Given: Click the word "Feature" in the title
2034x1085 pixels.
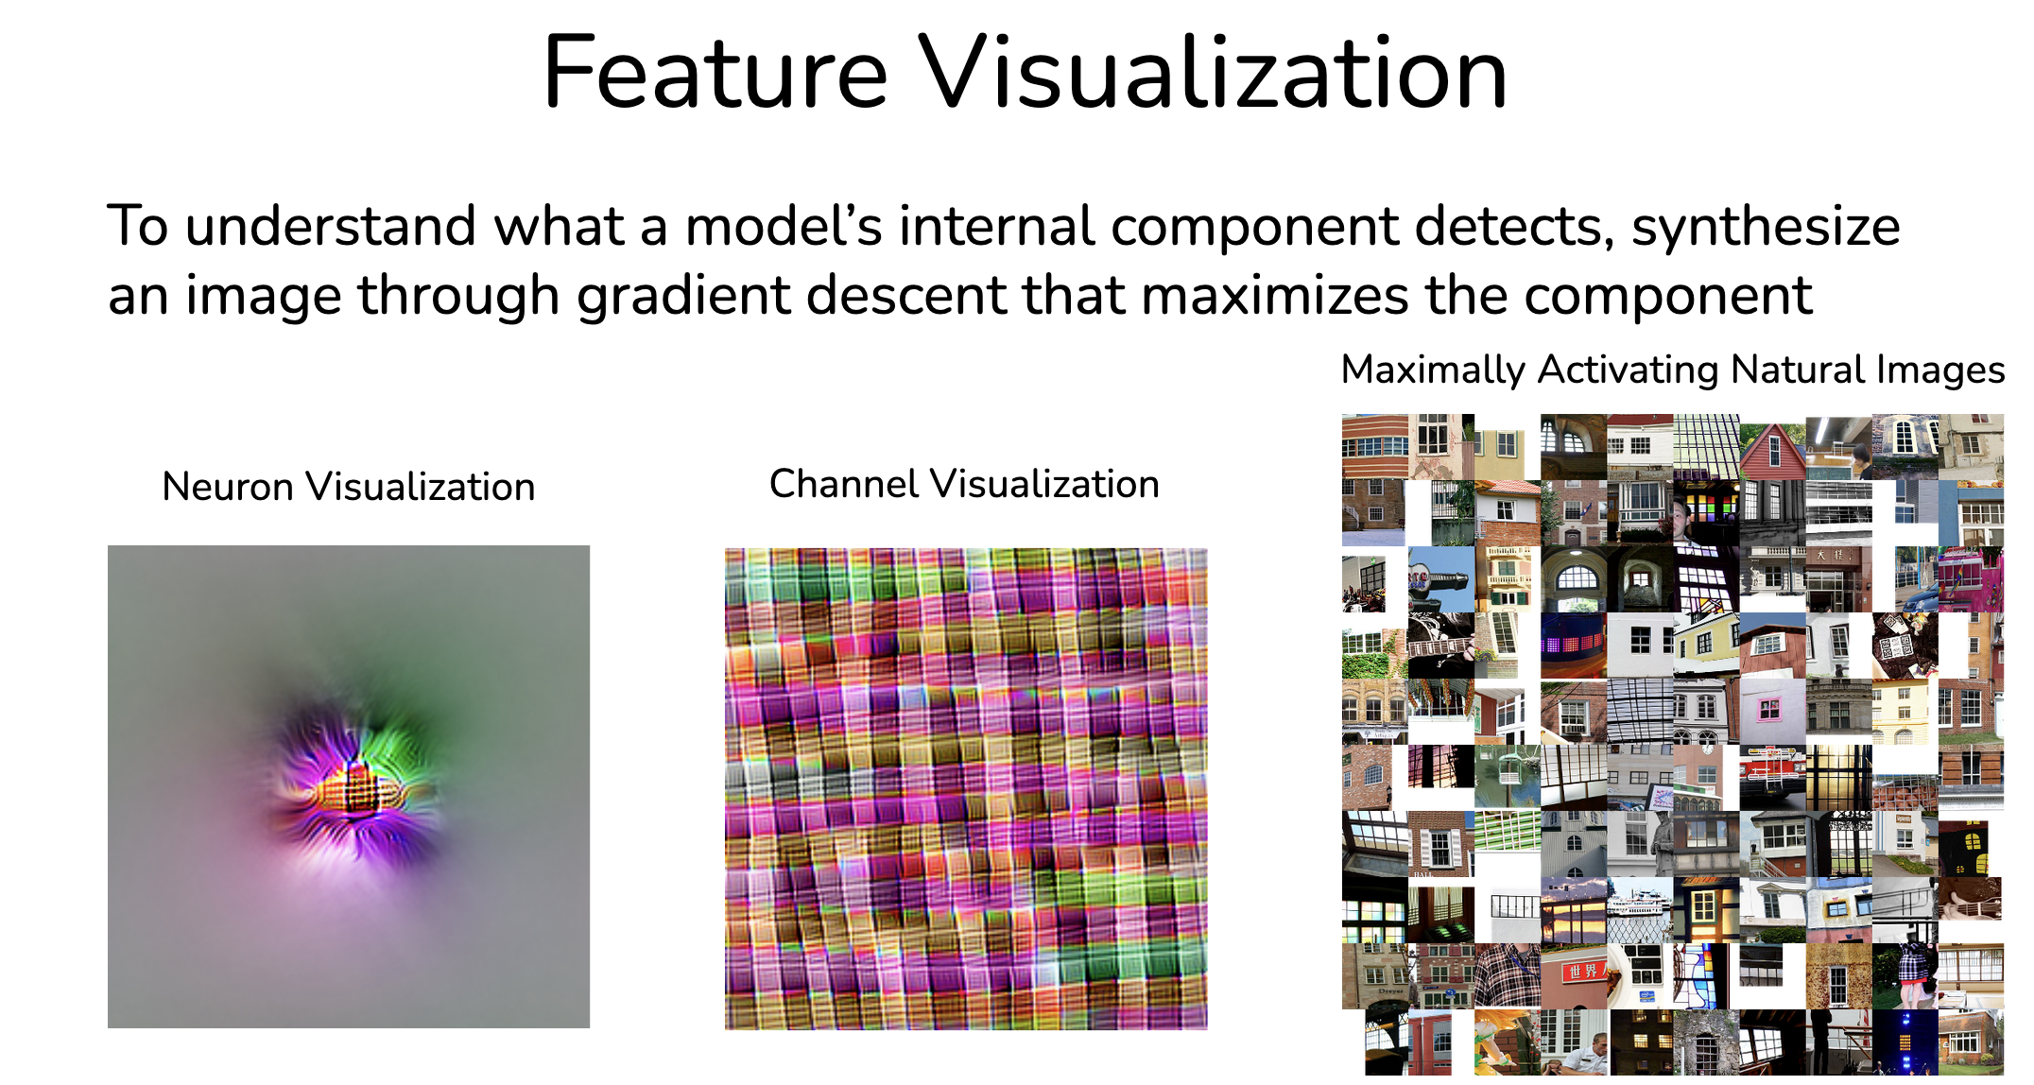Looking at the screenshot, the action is pyautogui.click(x=715, y=73).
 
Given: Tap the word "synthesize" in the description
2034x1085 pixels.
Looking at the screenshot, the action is pyautogui.click(x=1766, y=228).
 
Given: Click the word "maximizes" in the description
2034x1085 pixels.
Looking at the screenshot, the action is pyautogui.click(x=1275, y=295).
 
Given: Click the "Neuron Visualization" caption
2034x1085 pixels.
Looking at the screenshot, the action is pyautogui.click(x=349, y=487).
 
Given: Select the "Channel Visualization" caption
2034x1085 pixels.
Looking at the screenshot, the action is pyautogui.click(x=964, y=484).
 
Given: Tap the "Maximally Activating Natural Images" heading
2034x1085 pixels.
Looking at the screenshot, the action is pyautogui.click(x=1672, y=370).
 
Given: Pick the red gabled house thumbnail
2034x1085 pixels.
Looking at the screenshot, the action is pyautogui.click(x=1772, y=448).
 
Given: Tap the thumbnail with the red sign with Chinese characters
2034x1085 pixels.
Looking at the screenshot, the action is pyautogui.click(x=1574, y=976).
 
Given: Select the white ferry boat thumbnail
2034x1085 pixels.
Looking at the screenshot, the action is pyautogui.click(x=1640, y=910).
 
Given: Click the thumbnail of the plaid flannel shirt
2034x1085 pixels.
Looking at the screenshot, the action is pyautogui.click(x=1508, y=976).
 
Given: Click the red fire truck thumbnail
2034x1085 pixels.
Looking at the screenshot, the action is pyautogui.click(x=1772, y=778).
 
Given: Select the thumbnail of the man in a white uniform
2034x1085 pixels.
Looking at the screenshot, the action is pyautogui.click(x=1574, y=1042).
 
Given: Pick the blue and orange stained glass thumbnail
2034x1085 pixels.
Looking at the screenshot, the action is pyautogui.click(x=1706, y=976).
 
